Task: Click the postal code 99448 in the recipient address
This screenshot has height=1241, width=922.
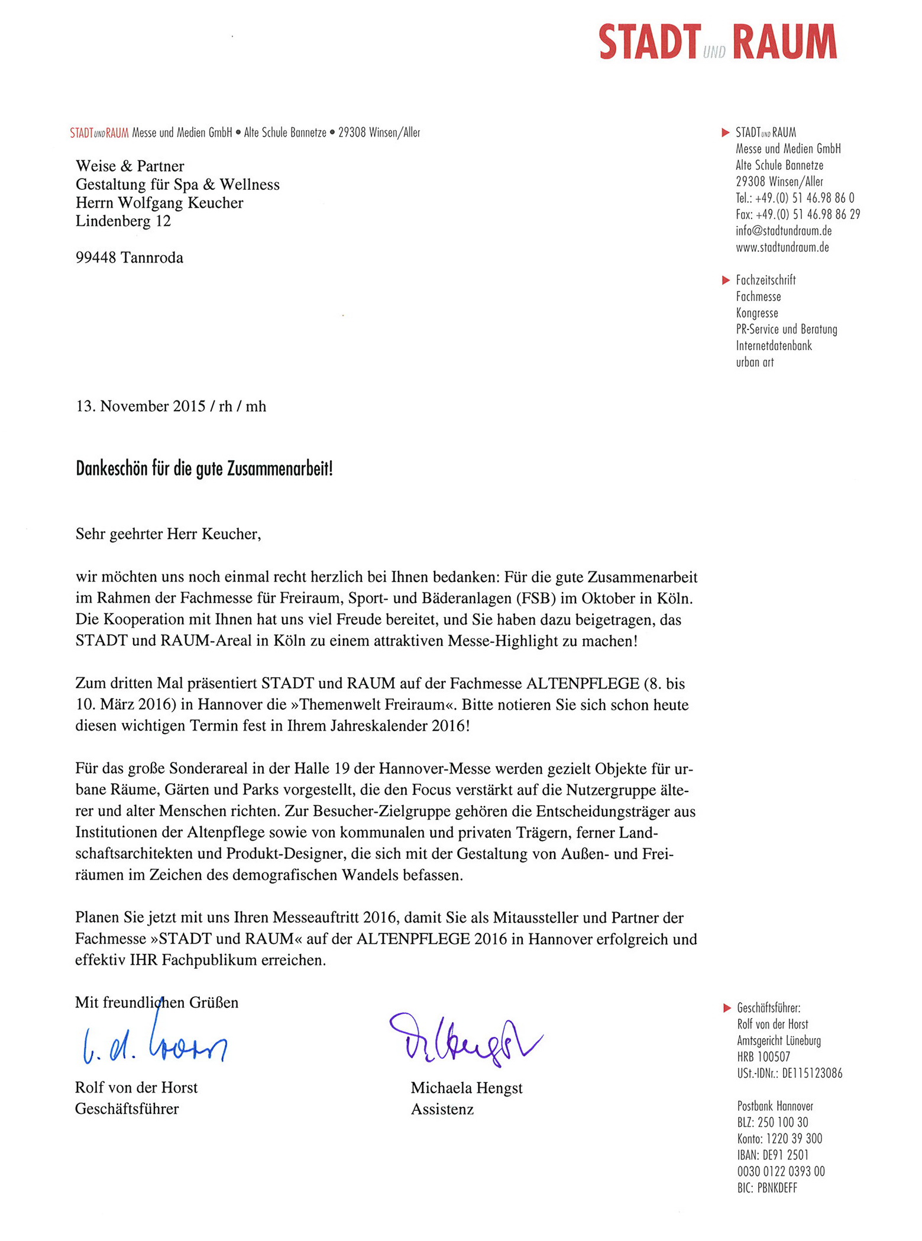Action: [x=96, y=257]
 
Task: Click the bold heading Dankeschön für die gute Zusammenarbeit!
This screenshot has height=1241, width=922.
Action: [x=204, y=469]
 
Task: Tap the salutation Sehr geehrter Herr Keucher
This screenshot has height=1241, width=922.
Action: [x=168, y=534]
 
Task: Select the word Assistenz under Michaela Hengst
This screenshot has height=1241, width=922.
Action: [x=442, y=1109]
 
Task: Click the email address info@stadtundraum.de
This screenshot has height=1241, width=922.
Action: [x=783, y=231]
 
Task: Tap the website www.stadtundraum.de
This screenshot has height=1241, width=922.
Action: [x=782, y=247]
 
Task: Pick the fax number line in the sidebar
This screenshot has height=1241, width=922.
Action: [x=797, y=214]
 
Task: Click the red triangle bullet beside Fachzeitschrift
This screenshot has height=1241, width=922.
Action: [x=726, y=280]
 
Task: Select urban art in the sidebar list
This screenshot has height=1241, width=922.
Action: [x=754, y=362]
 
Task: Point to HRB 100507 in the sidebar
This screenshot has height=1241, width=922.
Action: [x=763, y=1056]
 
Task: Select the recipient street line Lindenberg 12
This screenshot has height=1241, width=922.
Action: [x=123, y=221]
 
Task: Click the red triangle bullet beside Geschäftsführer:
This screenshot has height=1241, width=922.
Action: [x=727, y=1008]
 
